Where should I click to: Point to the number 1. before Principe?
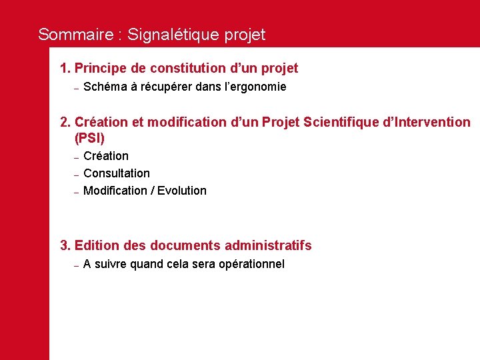click(x=65, y=68)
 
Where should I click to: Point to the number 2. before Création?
click(x=65, y=122)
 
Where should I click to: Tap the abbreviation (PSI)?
click(x=90, y=139)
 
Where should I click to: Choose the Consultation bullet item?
click(x=117, y=173)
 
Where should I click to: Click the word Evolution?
click(x=182, y=191)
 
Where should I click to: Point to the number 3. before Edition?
click(x=65, y=245)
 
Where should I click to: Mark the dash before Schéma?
click(x=77, y=88)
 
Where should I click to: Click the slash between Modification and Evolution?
click(x=153, y=191)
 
